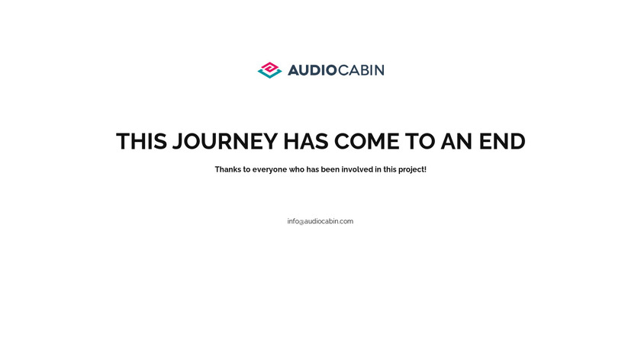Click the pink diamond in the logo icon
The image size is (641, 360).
tap(270, 68)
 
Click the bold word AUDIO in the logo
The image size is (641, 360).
tap(312, 70)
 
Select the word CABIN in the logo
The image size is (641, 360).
tap(362, 70)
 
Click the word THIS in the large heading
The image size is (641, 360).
tap(141, 141)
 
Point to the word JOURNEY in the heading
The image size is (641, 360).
tap(225, 141)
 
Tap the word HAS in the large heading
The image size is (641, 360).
tap(306, 141)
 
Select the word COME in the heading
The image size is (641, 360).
tap(367, 141)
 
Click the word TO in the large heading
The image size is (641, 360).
tap(420, 141)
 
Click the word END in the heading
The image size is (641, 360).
tap(502, 141)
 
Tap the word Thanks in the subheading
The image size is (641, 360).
tap(228, 169)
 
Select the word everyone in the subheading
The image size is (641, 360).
tap(269, 170)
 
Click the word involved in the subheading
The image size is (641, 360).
tap(357, 169)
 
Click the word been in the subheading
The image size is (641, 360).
tap(330, 169)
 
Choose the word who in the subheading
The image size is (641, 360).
tap(297, 169)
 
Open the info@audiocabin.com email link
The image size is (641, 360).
tap(320, 221)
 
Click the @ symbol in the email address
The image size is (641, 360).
tap(301, 222)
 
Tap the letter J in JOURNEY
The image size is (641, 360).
tap(177, 141)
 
